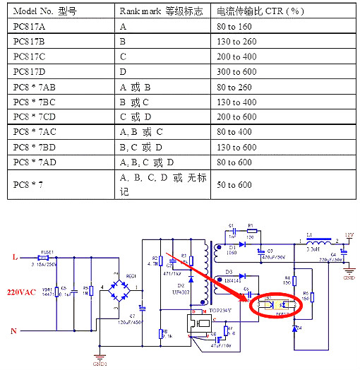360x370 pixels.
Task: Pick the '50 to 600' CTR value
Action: [235, 185]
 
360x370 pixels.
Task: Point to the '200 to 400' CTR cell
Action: [237, 56]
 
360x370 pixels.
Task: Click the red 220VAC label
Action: [22, 292]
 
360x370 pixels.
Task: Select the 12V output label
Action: [348, 234]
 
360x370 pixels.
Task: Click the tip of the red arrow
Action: [246, 301]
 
